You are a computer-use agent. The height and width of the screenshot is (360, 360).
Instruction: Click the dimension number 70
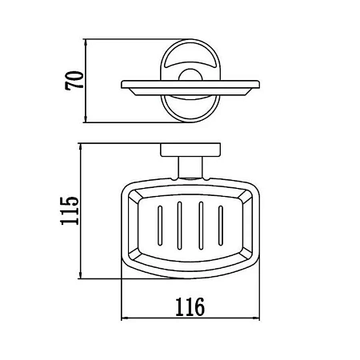74,81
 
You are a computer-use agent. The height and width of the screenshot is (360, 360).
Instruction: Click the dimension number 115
70,211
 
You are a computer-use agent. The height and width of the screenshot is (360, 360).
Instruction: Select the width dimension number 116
190,307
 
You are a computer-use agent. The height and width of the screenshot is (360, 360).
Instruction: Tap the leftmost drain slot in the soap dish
160,226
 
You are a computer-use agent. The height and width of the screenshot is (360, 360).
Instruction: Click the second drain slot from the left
179,226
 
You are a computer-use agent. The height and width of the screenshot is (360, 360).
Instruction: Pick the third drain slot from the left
201,226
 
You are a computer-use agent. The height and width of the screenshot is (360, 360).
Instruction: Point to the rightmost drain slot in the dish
221,226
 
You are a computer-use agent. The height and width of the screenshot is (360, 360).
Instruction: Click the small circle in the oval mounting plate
190,75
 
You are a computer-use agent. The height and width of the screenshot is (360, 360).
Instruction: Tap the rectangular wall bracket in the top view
190,150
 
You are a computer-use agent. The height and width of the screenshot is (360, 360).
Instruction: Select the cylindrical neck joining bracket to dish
190,167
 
